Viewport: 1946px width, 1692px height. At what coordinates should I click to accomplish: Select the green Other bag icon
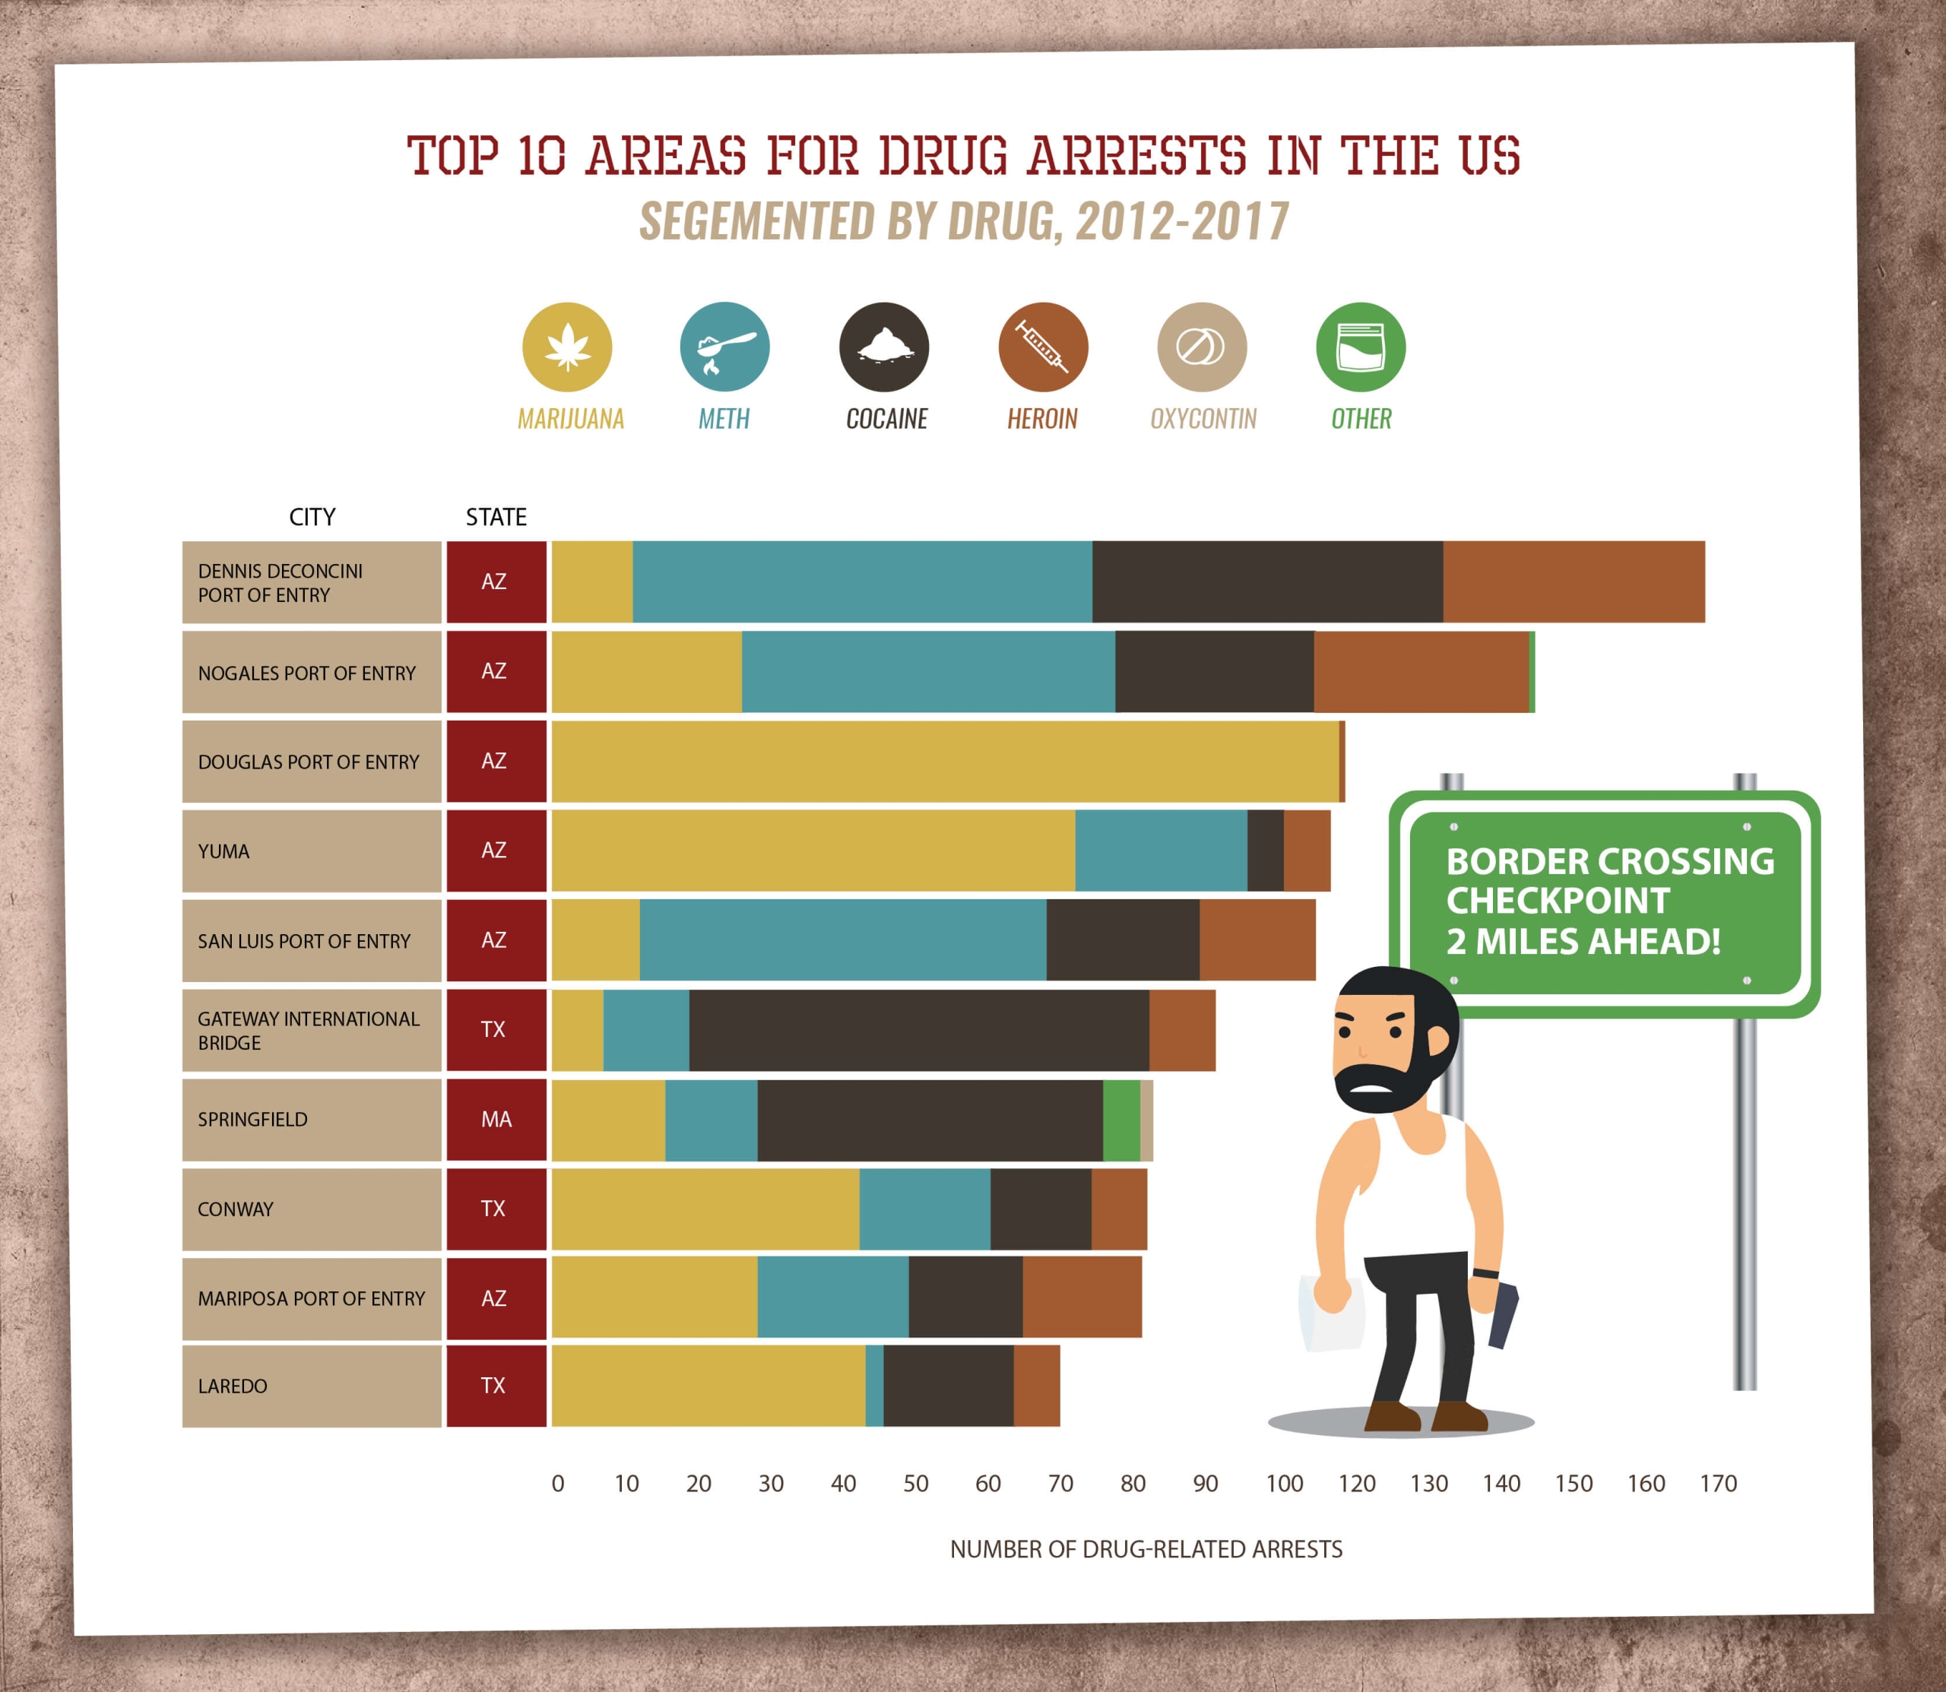(x=1361, y=347)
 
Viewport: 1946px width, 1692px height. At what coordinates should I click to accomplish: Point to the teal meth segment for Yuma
(x=1161, y=851)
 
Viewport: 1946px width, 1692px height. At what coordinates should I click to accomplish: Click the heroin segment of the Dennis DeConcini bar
(x=1573, y=581)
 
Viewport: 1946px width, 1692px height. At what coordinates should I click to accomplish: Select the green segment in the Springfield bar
(x=1120, y=1120)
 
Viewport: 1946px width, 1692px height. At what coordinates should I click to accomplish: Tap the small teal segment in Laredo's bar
(x=874, y=1386)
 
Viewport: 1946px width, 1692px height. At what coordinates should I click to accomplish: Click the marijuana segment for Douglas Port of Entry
(x=944, y=761)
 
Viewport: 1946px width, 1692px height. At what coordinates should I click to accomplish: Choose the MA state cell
(x=496, y=1120)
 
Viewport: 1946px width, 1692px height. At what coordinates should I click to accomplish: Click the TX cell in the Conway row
(x=493, y=1209)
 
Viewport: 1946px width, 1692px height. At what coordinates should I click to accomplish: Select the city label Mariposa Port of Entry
(x=312, y=1298)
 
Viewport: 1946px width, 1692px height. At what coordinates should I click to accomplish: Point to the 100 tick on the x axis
(x=1284, y=1483)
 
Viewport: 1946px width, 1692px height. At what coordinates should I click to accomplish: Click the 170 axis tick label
(x=1717, y=1483)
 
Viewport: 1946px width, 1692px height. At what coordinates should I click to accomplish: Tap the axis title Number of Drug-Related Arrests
(x=1146, y=1549)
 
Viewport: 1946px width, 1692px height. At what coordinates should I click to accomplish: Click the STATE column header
(x=496, y=518)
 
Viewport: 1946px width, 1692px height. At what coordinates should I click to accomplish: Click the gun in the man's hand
(x=1503, y=1313)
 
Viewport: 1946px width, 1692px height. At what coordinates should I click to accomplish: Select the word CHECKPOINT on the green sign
(x=1558, y=901)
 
